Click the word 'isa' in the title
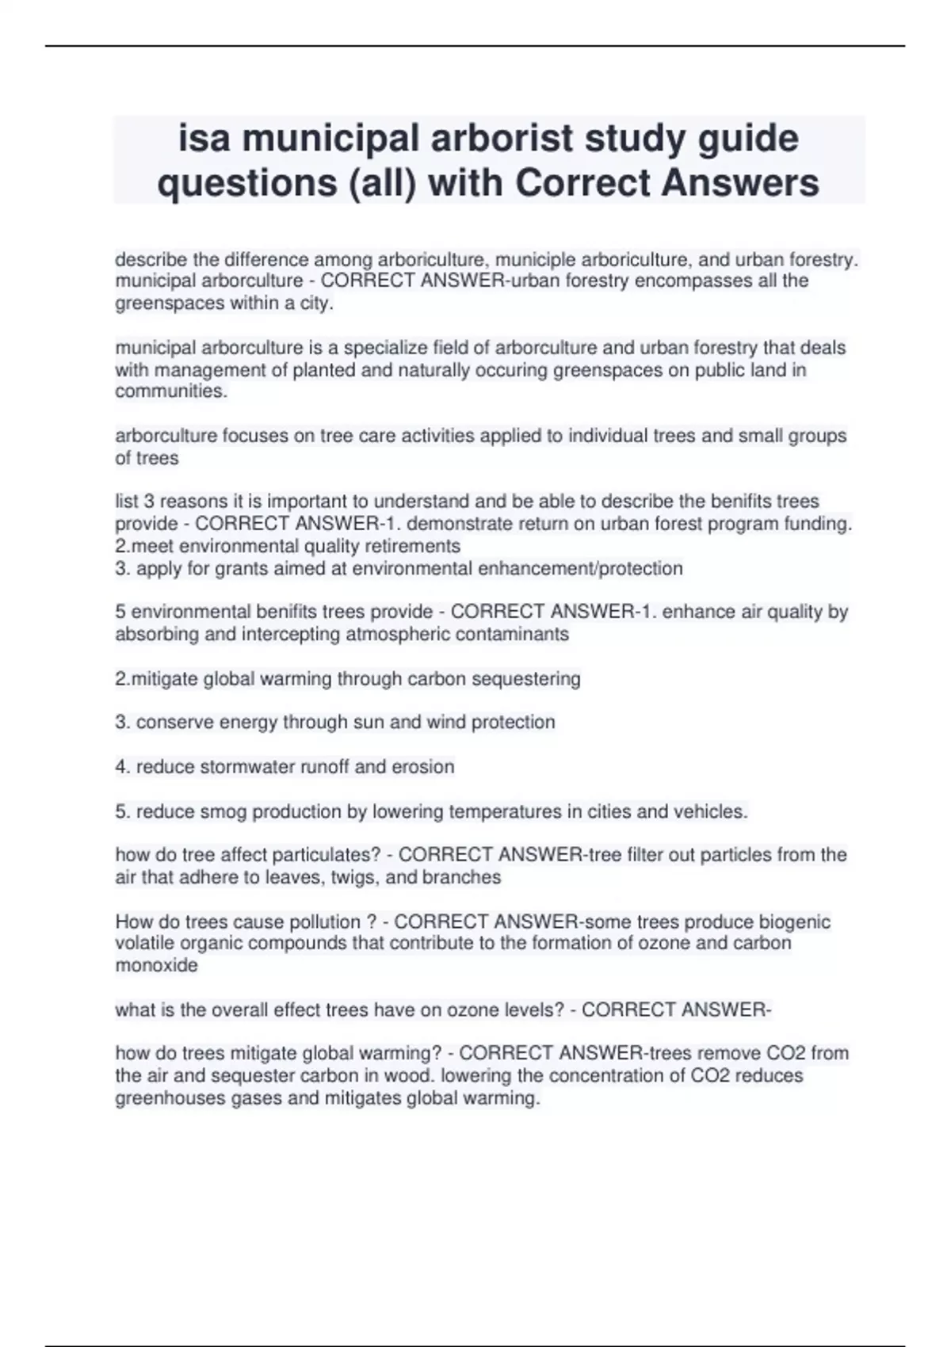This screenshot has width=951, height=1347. pyautogui.click(x=204, y=139)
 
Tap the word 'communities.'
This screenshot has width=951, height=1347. pyautogui.click(x=171, y=391)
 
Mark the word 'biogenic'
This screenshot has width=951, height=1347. pyautogui.click(x=795, y=922)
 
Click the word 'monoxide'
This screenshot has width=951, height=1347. pyautogui.click(x=156, y=965)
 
